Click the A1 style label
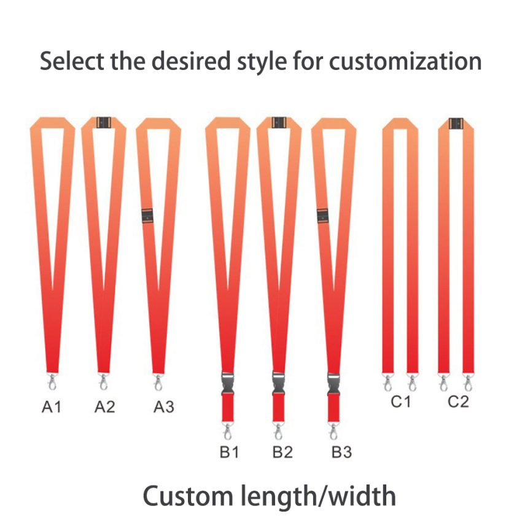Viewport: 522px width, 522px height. (52, 407)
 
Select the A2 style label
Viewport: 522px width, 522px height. (105, 407)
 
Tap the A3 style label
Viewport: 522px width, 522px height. (164, 407)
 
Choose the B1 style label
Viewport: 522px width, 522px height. (230, 452)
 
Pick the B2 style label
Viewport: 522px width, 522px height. (282, 452)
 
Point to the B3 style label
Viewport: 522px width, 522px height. (341, 452)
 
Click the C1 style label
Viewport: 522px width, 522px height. (401, 402)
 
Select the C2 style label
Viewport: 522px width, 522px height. (458, 402)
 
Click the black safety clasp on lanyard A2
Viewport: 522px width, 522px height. (104, 122)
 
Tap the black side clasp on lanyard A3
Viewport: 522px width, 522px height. (147, 216)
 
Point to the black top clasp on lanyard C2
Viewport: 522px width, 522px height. (456, 123)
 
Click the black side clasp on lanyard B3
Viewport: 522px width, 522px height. (322, 216)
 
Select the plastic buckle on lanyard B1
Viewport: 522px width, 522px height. (228, 383)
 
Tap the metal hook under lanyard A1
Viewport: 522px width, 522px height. (52, 381)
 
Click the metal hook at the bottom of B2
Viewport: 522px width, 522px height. (278, 431)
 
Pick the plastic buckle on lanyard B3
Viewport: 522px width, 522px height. (333, 383)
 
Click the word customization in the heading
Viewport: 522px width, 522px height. (405, 61)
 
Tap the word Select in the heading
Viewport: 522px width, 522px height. (72, 61)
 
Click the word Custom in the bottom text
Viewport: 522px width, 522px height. (188, 496)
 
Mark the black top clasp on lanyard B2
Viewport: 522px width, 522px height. (279, 122)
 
